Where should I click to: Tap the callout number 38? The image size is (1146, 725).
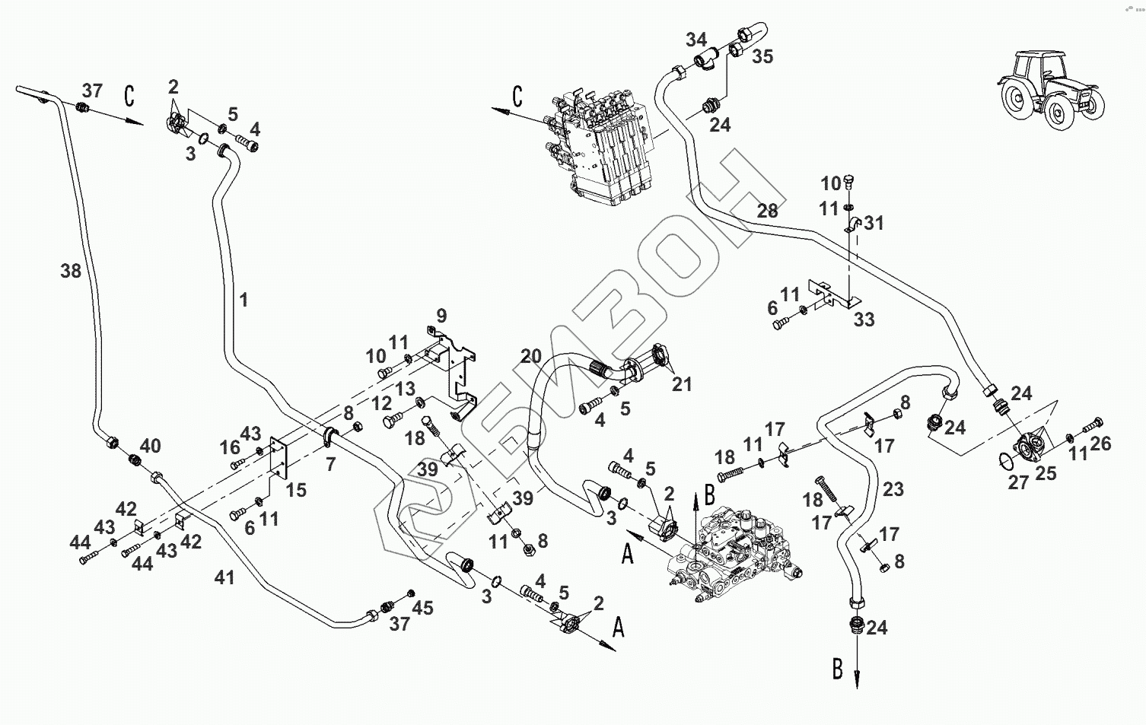71,271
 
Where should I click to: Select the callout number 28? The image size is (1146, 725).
767,210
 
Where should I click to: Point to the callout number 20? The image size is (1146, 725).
531,355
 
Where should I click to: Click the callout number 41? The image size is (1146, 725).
224,577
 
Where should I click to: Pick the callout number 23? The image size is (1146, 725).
893,489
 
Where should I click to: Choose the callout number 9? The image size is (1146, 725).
441,316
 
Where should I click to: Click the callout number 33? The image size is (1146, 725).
864,320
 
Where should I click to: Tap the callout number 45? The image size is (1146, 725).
422,608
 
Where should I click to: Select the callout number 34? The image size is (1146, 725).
696,40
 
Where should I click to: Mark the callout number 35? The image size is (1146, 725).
762,57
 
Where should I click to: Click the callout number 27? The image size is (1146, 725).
1018,482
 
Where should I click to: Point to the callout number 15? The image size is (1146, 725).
296,490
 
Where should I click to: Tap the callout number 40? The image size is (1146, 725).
151,446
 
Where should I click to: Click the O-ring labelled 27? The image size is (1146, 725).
1006,460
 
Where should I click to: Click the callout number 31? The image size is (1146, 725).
874,223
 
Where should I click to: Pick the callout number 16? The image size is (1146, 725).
230,447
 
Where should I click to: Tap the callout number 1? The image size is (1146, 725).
244,299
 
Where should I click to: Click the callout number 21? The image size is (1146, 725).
682,384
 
